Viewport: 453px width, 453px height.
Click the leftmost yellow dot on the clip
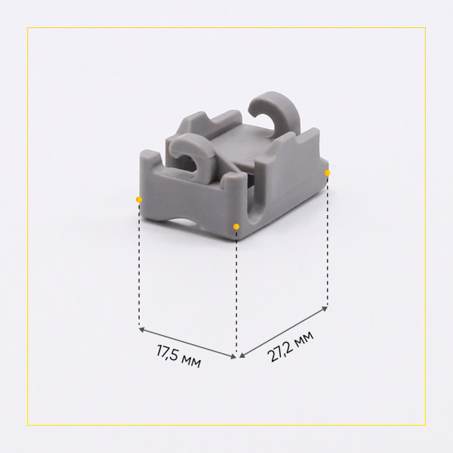pos(139,199)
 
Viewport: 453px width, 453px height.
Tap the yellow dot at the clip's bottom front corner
pos(236,226)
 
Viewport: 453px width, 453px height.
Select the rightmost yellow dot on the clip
pos(327,173)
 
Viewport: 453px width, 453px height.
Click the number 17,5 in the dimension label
pos(167,353)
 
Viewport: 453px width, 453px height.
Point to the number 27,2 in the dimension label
pos(279,350)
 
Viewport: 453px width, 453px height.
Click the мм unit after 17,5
pos(191,361)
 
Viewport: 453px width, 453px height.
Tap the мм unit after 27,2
pos(304,337)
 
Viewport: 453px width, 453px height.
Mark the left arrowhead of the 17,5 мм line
pos(141,329)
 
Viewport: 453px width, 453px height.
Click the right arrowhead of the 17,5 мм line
pos(233,357)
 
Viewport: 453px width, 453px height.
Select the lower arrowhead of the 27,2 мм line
pos(242,356)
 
